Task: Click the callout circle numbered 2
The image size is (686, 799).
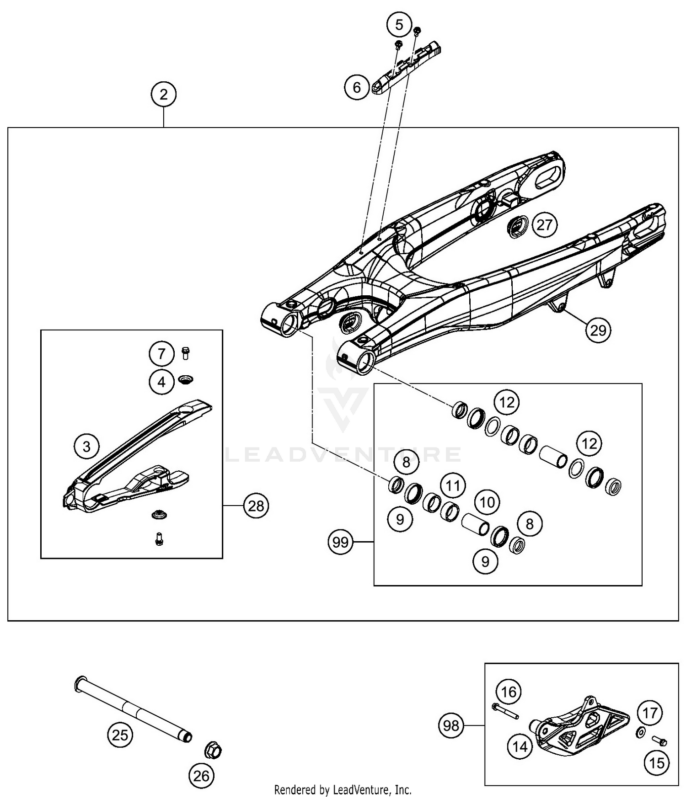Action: coord(163,95)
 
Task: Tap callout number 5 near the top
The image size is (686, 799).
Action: coord(399,25)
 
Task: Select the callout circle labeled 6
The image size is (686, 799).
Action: coord(357,87)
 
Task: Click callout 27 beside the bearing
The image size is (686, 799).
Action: coord(544,225)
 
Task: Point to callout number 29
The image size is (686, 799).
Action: coord(598,330)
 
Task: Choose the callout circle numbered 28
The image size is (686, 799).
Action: coord(256,506)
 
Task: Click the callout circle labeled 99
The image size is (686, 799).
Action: coord(341,542)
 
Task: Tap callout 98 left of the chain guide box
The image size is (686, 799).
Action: coord(451,725)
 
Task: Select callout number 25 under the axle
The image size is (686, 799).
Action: coord(120,735)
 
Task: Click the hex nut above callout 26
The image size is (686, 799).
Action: coord(213,750)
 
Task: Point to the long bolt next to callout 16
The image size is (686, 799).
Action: coord(505,711)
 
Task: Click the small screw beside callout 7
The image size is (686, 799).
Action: coord(185,353)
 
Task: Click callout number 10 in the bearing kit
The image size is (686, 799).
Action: coord(487,502)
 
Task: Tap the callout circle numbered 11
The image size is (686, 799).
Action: coord(453,485)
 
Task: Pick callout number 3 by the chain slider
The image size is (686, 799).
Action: coord(87,446)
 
